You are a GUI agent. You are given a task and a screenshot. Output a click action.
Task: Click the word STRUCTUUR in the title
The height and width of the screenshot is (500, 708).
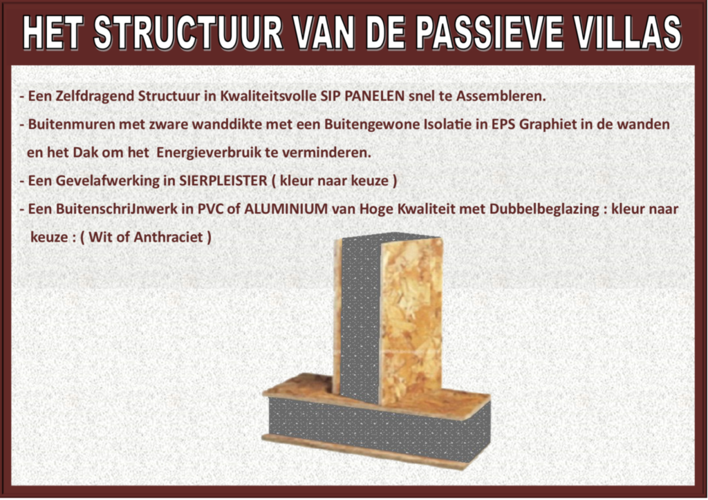pos(188,33)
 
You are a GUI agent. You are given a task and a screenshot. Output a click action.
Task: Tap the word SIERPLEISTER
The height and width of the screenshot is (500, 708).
pos(223,181)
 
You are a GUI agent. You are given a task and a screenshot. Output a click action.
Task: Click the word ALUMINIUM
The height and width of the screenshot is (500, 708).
pos(286,209)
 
